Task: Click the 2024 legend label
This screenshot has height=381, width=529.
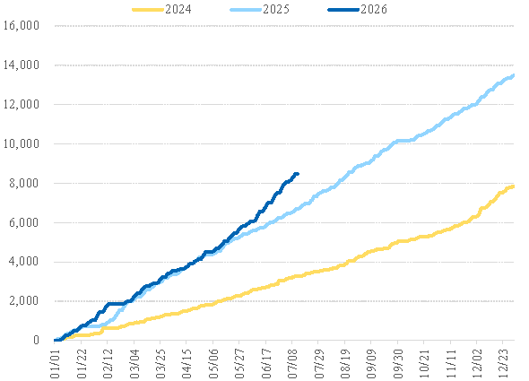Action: [x=178, y=9]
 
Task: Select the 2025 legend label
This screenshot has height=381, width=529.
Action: [x=276, y=9]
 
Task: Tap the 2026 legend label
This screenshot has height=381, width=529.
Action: [x=374, y=9]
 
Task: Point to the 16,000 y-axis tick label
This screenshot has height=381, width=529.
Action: [x=22, y=25]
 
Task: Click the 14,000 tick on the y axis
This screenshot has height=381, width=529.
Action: [x=22, y=65]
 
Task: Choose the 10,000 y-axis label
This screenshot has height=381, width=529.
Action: [x=22, y=143]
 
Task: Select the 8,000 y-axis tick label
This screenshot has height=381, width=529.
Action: [x=24, y=183]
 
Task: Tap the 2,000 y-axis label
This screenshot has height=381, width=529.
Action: [x=24, y=301]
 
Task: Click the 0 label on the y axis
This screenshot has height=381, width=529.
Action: [x=36, y=340]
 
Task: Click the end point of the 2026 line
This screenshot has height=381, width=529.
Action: [x=298, y=174]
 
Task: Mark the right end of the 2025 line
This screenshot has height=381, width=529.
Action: [x=514, y=76]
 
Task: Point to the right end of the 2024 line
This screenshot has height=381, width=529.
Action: [x=514, y=186]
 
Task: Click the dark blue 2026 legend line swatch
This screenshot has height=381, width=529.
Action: [x=343, y=10]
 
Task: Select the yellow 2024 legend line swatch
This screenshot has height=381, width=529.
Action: [x=148, y=10]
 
